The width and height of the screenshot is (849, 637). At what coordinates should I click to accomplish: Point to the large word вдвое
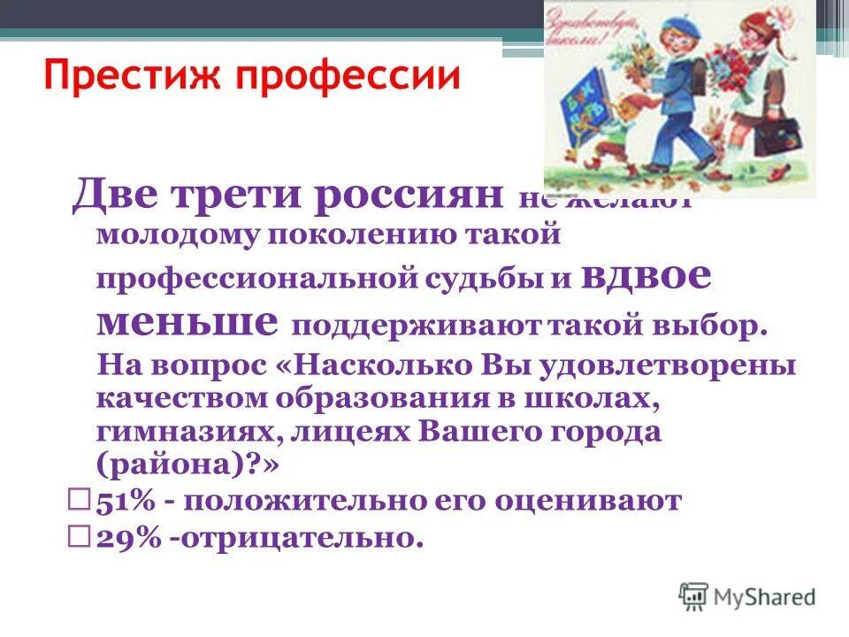(658, 277)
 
